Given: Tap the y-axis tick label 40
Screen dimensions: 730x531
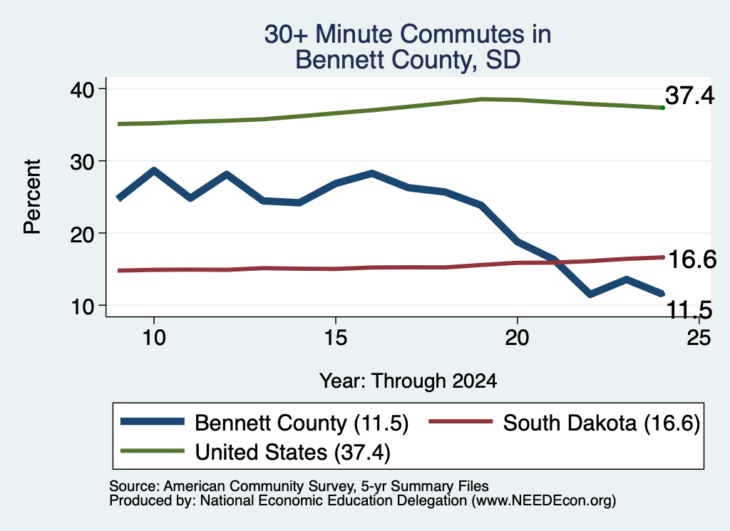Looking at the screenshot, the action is click(x=82, y=89).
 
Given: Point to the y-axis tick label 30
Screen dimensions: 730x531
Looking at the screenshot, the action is click(x=82, y=162).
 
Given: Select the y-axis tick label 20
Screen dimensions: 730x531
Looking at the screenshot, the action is click(x=82, y=234).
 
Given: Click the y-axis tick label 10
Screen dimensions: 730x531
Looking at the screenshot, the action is click(x=82, y=306).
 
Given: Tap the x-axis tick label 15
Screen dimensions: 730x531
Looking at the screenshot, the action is click(x=336, y=337).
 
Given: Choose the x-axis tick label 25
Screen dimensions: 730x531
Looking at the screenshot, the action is click(x=699, y=337).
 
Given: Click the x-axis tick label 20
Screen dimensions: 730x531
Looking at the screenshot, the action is click(x=517, y=337).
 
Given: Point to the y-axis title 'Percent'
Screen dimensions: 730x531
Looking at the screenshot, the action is click(x=32, y=197).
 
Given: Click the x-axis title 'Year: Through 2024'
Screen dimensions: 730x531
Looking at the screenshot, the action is click(x=408, y=381).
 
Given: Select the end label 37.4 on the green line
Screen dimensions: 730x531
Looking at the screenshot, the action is click(x=689, y=96).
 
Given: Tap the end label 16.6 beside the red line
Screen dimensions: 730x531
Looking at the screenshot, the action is click(x=692, y=259).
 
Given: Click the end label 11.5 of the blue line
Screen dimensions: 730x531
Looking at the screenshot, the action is click(x=689, y=310).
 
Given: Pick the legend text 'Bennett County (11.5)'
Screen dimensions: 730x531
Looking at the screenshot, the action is click(x=302, y=423).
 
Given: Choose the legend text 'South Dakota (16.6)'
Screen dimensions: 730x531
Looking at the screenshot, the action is click(x=602, y=423).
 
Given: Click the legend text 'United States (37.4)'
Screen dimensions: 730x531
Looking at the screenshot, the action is click(x=293, y=452).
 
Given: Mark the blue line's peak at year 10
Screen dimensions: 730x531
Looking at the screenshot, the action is click(x=154, y=171).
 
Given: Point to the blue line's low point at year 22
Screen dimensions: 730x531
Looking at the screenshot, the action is click(x=590, y=294).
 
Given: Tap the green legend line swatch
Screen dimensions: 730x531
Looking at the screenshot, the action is click(x=153, y=451).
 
